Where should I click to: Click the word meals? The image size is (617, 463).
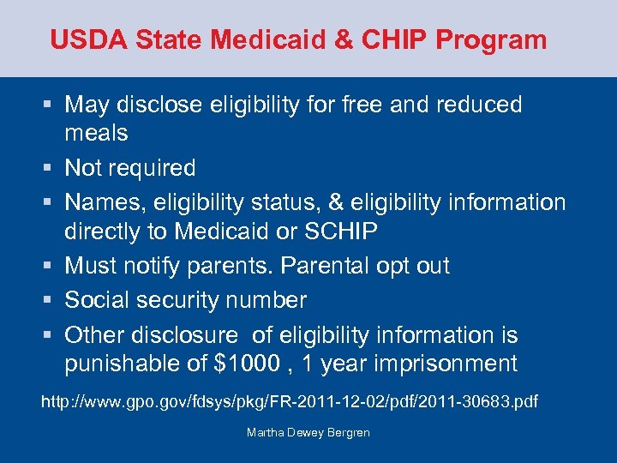96,134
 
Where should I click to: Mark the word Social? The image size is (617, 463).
101,300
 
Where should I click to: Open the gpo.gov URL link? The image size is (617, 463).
290,401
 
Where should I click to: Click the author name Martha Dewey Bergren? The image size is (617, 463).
308,433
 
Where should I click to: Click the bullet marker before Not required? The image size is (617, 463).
50,168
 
